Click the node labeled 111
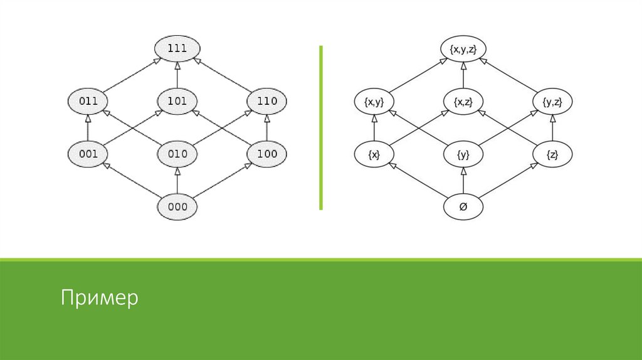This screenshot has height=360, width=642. (x=177, y=48)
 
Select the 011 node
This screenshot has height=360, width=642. (x=88, y=101)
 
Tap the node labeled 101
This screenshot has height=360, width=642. (x=177, y=101)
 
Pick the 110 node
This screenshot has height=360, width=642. (x=267, y=101)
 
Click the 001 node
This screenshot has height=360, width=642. (x=88, y=154)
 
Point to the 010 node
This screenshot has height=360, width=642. (x=177, y=154)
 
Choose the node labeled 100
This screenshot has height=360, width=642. (x=267, y=154)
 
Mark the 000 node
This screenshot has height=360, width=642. (x=177, y=206)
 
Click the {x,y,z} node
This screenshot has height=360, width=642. (x=463, y=48)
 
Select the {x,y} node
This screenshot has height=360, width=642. (x=374, y=101)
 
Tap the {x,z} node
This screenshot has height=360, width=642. (x=463, y=101)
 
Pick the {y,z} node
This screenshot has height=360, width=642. (x=552, y=101)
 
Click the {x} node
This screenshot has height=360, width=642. (x=374, y=154)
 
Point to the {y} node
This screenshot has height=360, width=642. (x=463, y=154)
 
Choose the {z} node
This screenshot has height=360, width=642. (x=552, y=154)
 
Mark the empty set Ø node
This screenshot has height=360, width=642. (x=463, y=206)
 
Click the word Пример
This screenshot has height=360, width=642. (x=100, y=297)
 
